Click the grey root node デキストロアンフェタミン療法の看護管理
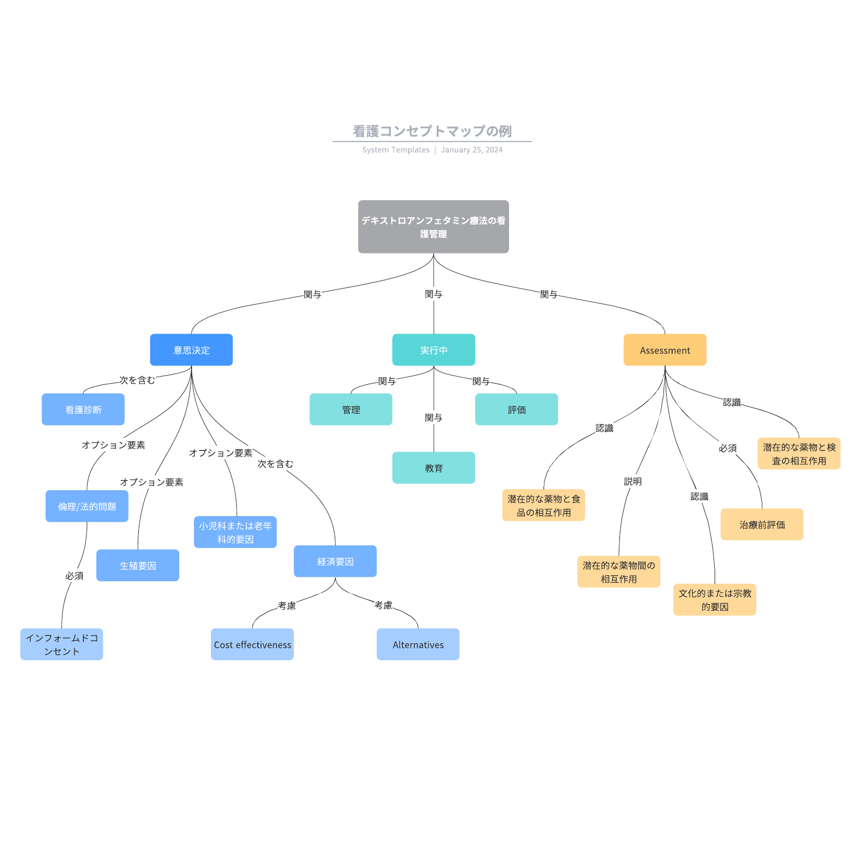point(433,227)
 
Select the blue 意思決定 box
point(191,350)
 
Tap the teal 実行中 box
point(433,350)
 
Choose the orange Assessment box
point(665,350)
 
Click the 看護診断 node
point(83,410)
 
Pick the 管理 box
point(350,410)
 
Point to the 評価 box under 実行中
point(516,410)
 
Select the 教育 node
point(433,468)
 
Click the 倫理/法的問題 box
point(87,506)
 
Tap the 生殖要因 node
point(137,565)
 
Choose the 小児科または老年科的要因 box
point(235,532)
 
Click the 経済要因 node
point(335,561)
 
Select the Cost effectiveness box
point(252,644)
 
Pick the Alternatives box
point(418,644)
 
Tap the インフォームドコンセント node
point(61,644)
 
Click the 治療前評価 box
point(761,524)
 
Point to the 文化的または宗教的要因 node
point(714,599)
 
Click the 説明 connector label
point(632,481)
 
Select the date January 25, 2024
point(471,150)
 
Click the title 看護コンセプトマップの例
point(432,131)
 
